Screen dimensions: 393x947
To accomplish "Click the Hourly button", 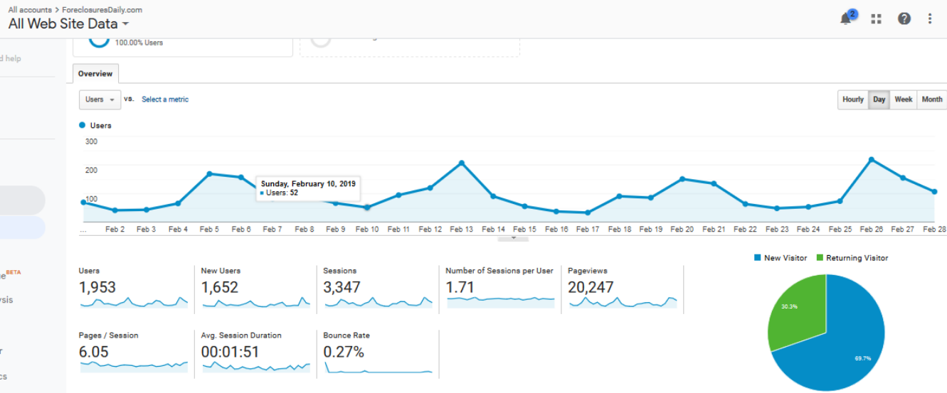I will [852, 99].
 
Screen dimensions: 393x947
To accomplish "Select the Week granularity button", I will [903, 99].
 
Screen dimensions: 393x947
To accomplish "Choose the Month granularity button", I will [931, 99].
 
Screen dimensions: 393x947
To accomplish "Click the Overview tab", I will [95, 74].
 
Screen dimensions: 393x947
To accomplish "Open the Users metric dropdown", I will [99, 99].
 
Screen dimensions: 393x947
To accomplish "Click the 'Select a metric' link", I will [165, 99].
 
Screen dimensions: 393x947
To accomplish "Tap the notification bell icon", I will [846, 19].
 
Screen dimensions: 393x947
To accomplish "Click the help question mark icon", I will [904, 19].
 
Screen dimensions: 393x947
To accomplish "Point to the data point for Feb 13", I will [462, 163].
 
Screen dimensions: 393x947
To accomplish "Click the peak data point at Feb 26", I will [872, 159].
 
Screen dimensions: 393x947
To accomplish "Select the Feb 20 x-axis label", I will [682, 230].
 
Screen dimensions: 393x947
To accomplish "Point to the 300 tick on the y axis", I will [91, 141].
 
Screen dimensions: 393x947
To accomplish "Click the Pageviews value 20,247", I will [591, 288].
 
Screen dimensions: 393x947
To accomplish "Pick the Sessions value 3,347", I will [342, 288].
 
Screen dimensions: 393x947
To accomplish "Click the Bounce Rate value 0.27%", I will [344, 352].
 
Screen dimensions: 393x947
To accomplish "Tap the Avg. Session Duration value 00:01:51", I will [230, 352].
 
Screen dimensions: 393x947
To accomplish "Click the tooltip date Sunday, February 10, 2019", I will [308, 183].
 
